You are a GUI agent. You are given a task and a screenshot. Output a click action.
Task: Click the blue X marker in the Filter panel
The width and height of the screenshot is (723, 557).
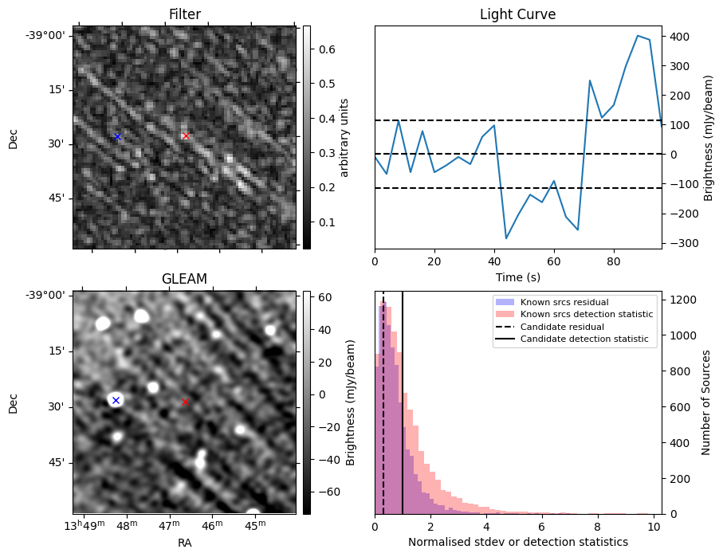[117, 136]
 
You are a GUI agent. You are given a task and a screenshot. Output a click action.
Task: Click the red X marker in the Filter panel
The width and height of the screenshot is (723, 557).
[186, 136]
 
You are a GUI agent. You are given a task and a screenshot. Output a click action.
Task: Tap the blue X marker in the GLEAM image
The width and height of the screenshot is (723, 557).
[116, 400]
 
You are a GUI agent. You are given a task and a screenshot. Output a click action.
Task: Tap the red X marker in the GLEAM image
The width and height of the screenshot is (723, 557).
[186, 402]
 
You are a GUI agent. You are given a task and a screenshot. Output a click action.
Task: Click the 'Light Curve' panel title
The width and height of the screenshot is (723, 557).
[517, 14]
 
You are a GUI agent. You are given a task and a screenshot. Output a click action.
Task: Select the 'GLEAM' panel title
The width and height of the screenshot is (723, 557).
[184, 279]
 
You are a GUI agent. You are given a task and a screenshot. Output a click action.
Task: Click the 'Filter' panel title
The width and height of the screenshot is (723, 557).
[184, 14]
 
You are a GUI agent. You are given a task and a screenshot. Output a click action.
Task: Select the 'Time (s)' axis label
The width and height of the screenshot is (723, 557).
[517, 278]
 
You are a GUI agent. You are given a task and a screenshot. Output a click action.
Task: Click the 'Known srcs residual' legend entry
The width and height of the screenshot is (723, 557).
[564, 303]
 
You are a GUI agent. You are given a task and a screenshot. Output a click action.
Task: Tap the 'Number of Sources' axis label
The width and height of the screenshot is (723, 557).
[705, 402]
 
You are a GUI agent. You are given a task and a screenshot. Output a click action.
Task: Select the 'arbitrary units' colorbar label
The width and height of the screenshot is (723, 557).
[344, 137]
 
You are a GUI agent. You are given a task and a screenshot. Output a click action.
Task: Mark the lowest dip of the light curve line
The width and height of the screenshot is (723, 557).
[506, 238]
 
